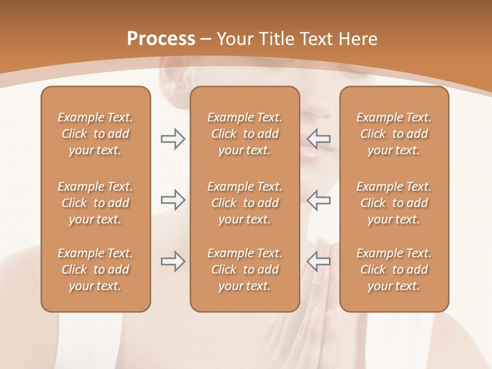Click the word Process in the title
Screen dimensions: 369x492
point(161,38)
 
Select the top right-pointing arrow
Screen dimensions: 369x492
point(173,138)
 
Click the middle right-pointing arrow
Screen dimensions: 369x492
point(173,200)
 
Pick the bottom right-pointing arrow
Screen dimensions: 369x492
point(173,261)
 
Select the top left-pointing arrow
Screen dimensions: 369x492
point(319,138)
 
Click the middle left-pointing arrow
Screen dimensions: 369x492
point(319,200)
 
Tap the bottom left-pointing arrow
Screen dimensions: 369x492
point(319,261)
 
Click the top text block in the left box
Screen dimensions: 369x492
point(95,134)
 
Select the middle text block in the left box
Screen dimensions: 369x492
point(95,203)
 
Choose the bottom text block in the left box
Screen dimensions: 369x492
point(95,270)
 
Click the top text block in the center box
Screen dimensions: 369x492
point(245,134)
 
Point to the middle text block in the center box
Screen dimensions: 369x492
point(245,203)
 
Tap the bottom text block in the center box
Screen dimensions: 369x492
point(245,270)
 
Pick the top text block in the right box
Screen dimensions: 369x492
point(394,134)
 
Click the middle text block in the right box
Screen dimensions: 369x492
point(394,203)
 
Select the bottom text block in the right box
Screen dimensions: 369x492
point(394,270)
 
